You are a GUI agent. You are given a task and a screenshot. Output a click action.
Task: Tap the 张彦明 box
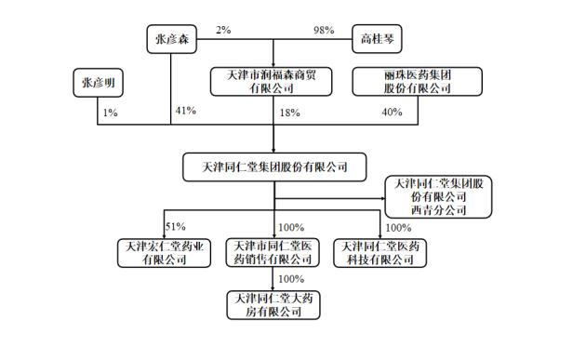tap(96, 83)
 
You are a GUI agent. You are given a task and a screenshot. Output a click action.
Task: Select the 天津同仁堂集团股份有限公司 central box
tap(275, 167)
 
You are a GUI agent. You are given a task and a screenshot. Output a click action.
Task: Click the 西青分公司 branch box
tap(438, 196)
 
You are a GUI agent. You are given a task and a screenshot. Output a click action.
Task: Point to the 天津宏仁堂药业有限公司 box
tap(164, 253)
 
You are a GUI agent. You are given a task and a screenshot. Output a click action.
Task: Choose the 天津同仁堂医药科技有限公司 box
tap(380, 253)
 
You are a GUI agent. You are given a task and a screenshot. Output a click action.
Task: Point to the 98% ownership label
tap(324, 31)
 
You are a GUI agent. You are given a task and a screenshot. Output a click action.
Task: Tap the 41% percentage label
tap(185, 111)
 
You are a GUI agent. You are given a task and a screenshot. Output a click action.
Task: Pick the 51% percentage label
tap(174, 226)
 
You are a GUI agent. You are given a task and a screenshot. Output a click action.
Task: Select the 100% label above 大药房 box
tap(291, 278)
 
